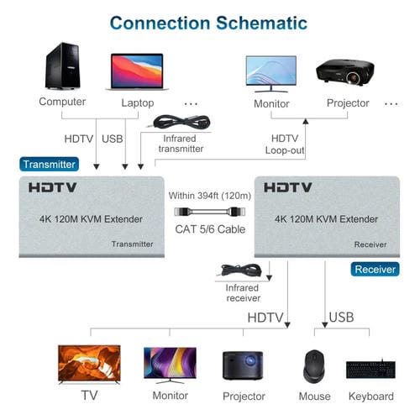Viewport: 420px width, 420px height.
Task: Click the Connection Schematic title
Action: click(209, 23)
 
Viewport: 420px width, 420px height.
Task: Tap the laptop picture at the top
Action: click(135, 72)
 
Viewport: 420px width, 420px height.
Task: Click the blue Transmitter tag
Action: click(50, 164)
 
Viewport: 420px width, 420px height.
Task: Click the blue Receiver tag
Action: click(374, 270)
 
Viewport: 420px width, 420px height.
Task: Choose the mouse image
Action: click(314, 365)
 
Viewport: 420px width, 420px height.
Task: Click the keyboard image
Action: click(370, 369)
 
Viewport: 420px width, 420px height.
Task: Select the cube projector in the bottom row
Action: click(243, 365)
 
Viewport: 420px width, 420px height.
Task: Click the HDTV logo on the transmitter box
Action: click(53, 187)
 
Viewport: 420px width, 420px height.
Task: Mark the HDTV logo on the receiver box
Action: click(288, 187)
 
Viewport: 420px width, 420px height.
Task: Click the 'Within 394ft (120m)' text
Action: click(204, 195)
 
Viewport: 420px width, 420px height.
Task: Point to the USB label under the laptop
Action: click(112, 138)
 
